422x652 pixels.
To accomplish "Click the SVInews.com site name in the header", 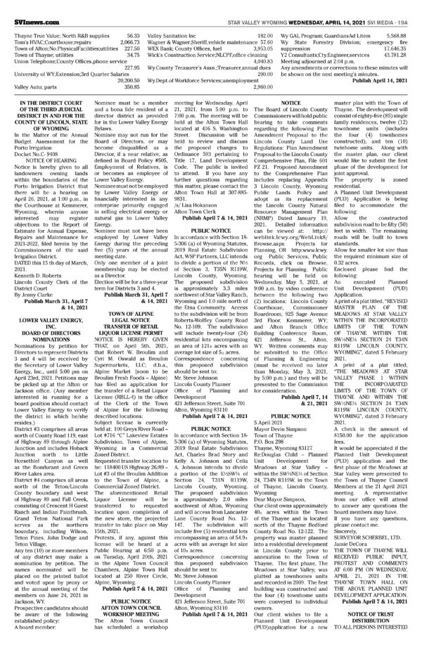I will [x=24, y=6].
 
